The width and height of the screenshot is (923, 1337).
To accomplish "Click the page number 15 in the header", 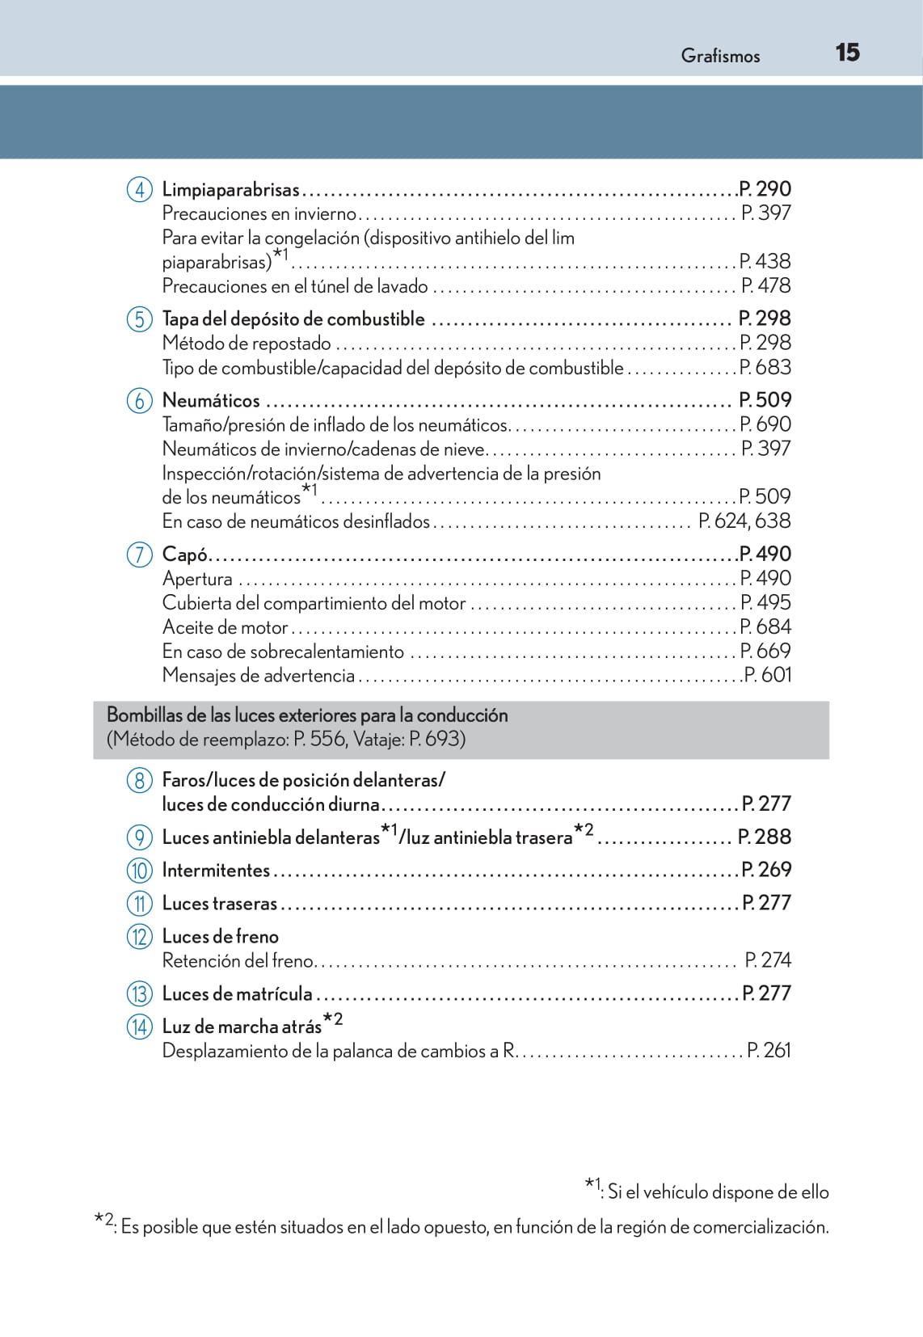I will coord(847,53).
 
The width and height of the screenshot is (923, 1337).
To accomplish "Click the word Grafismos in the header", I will coord(720,56).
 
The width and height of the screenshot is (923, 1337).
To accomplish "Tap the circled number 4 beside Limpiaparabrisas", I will coord(139,190).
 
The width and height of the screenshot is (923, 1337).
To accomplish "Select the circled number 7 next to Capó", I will coord(139,555).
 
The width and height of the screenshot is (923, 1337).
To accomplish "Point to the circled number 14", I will coord(139,1027).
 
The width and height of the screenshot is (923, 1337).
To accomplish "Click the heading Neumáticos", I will coord(211,400).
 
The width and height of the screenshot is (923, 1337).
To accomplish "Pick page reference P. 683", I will coord(765,368).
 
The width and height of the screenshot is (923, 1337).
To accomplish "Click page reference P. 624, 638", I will coord(744,521).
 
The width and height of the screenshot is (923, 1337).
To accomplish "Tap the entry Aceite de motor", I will coord(225,627).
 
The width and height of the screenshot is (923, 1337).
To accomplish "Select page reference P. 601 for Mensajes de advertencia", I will coord(767,675).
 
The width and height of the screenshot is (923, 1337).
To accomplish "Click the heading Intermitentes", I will coord(216,870).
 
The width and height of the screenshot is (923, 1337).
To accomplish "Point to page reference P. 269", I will coord(766,870).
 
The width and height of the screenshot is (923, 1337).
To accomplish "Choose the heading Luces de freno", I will coord(220,936).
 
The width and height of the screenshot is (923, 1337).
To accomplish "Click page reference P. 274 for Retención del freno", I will coord(768,960).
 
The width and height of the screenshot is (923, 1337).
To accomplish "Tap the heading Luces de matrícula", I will coord(237,993).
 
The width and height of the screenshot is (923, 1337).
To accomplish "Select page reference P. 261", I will coord(769,1051).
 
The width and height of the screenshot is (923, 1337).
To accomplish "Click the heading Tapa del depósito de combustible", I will coord(293,319).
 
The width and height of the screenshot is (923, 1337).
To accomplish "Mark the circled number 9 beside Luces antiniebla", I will coord(139,837).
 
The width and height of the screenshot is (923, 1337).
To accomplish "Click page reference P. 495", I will coord(765,603).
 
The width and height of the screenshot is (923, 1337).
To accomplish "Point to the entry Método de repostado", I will coord(247,344).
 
